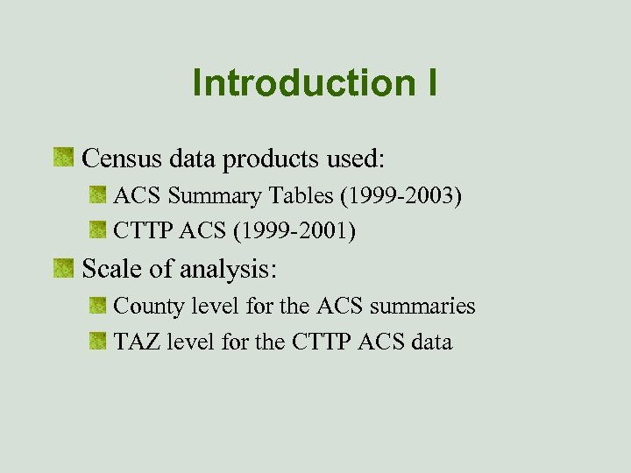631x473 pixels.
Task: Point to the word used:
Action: [356, 159]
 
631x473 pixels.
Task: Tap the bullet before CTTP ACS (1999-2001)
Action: [97, 231]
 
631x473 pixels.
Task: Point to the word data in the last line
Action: [430, 342]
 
